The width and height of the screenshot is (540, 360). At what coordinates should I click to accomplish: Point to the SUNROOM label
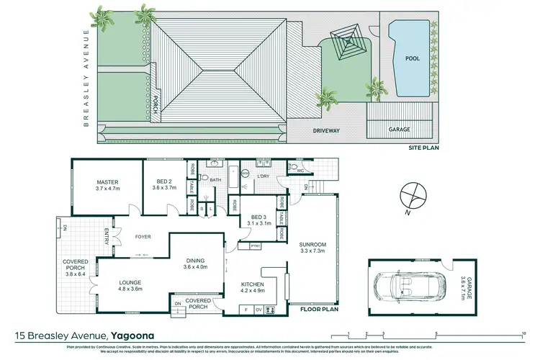[313, 244]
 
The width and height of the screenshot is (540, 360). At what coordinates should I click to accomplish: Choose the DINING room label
[195, 261]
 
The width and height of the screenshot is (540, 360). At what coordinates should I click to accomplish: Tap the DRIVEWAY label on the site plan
[326, 131]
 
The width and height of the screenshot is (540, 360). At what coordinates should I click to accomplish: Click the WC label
[301, 171]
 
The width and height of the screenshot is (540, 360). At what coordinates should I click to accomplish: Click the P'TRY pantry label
[255, 246]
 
